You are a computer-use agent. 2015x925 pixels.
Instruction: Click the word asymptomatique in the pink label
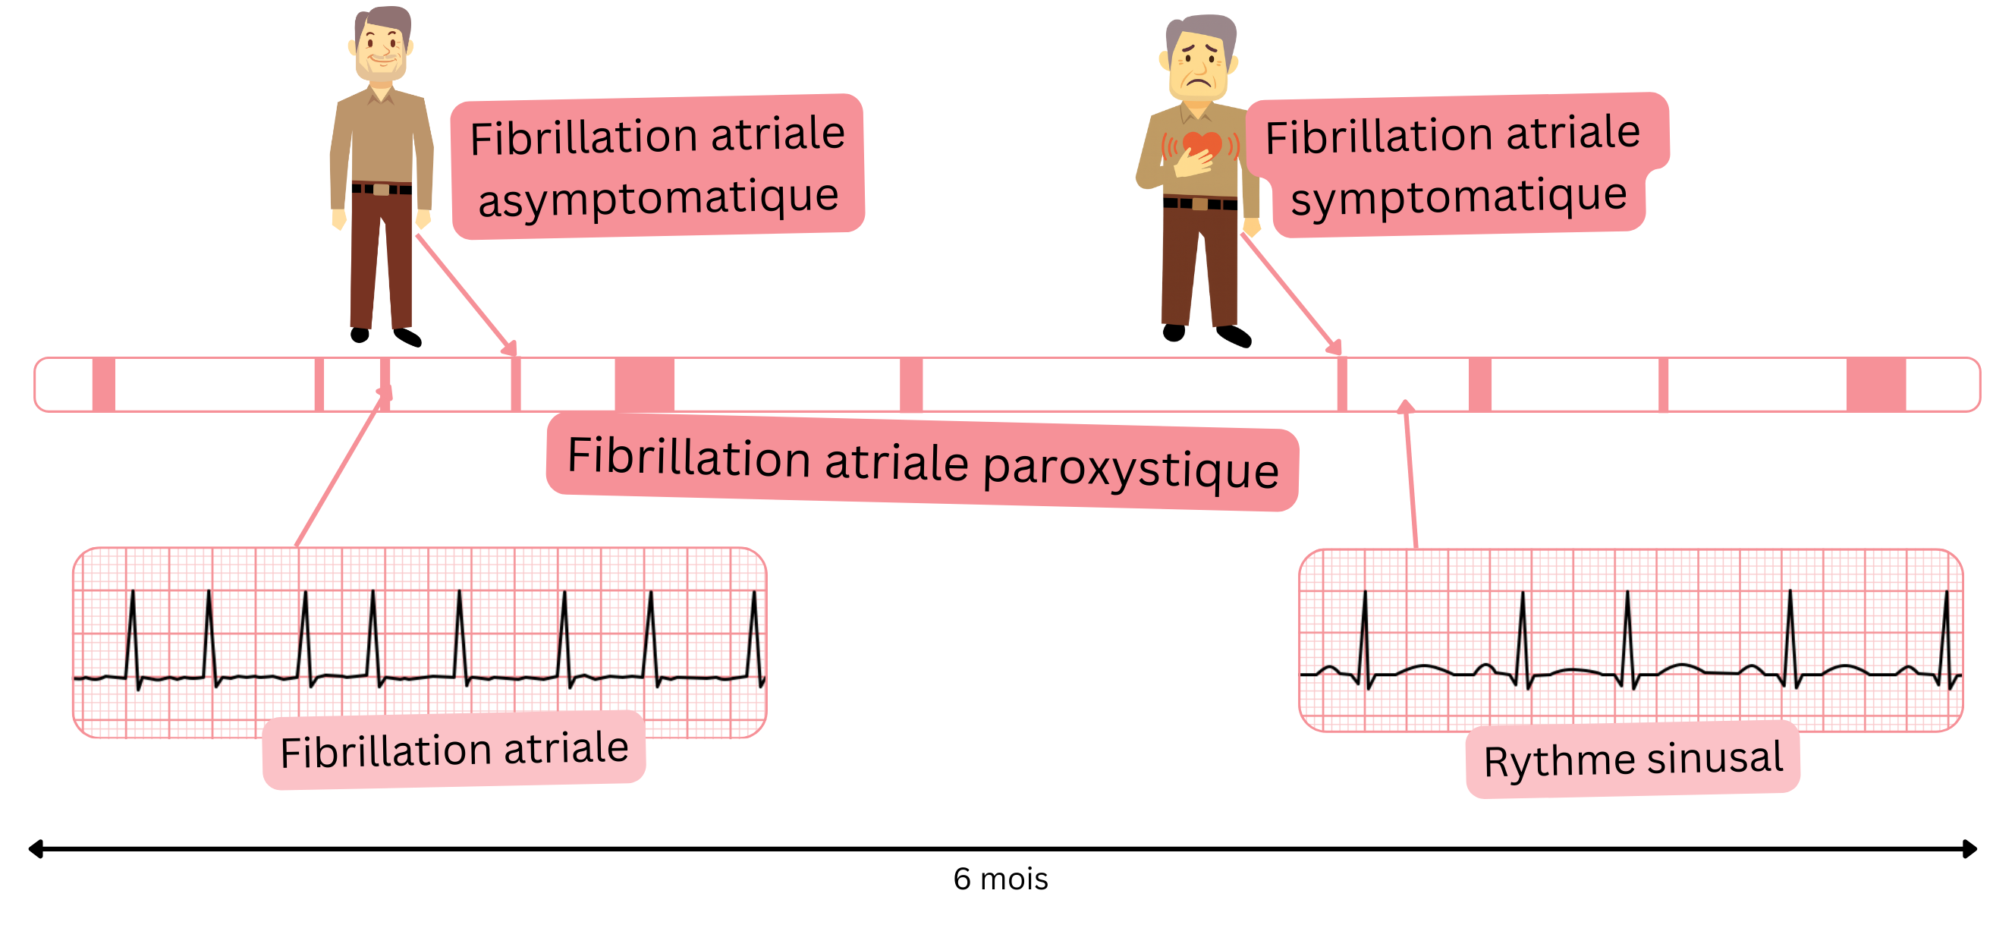[658, 197]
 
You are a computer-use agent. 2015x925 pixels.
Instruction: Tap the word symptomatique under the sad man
[1458, 196]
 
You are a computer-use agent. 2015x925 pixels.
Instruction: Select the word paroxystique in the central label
[1130, 469]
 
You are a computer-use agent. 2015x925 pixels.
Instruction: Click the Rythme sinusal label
[1633, 759]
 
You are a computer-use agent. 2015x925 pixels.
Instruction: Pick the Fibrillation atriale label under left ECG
[454, 750]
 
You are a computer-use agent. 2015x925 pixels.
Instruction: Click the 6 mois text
[1000, 879]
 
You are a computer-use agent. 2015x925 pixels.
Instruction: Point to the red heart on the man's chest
[1201, 145]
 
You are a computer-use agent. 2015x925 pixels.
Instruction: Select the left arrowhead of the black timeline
[35, 848]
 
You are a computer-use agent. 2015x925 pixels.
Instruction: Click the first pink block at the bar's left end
[103, 384]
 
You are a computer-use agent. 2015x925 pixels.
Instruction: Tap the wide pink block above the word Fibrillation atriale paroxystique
[644, 384]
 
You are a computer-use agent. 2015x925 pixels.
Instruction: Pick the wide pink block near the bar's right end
[1875, 384]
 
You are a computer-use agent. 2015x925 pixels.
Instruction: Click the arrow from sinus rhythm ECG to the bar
[1411, 477]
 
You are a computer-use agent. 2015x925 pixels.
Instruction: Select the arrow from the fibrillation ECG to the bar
[341, 470]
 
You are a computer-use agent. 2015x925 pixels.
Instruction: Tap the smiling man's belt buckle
[381, 190]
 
